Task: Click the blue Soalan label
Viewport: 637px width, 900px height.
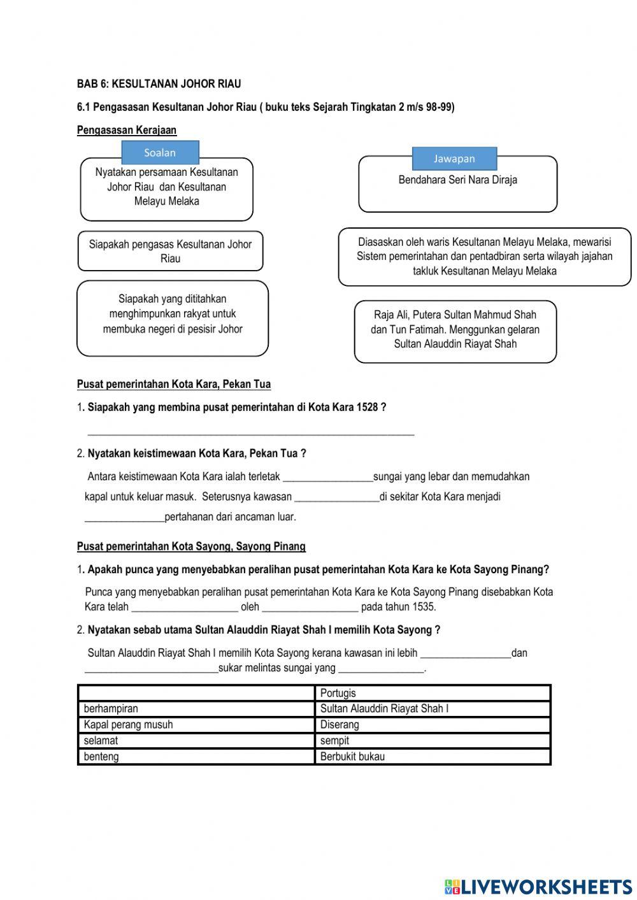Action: click(160, 153)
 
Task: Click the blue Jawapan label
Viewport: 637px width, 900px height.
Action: click(454, 159)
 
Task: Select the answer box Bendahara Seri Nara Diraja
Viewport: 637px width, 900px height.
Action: click(457, 184)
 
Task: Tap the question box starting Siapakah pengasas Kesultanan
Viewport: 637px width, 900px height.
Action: click(170, 251)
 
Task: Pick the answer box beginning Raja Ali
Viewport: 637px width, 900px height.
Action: click(455, 330)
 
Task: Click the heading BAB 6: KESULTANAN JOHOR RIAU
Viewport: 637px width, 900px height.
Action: click(159, 84)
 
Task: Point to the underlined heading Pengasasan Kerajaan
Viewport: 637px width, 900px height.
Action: click(127, 130)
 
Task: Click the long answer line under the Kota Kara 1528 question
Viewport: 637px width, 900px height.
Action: click(250, 432)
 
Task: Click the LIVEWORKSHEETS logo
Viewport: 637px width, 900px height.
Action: click(538, 886)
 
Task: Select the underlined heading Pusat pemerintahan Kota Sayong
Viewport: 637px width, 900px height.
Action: click(191, 546)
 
